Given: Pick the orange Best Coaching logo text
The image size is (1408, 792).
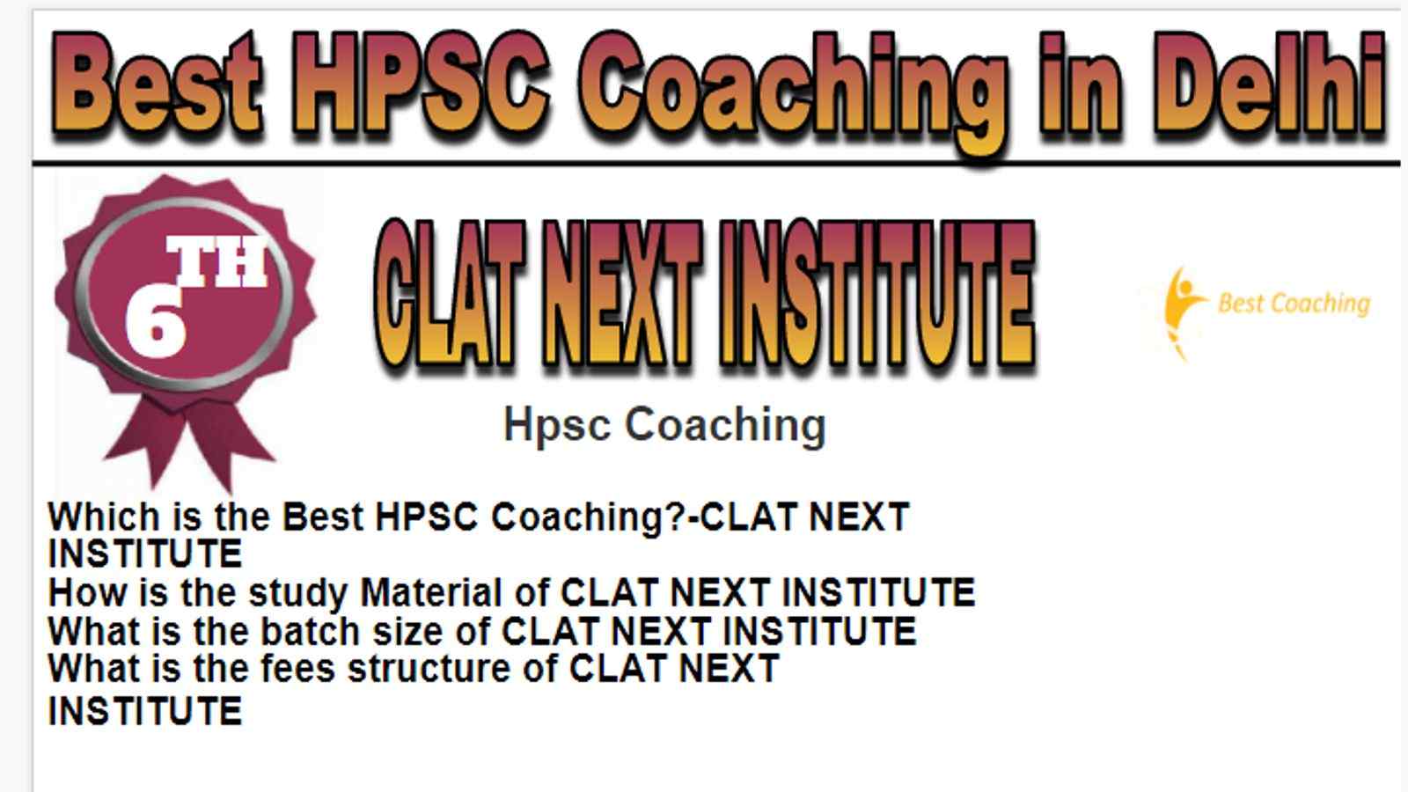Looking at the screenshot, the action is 1294,304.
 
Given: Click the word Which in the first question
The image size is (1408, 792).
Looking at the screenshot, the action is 104,517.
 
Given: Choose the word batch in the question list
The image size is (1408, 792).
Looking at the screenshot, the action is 310,630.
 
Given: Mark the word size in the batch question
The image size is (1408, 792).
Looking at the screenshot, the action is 407,631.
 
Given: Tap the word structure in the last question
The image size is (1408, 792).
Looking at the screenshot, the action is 429,668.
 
